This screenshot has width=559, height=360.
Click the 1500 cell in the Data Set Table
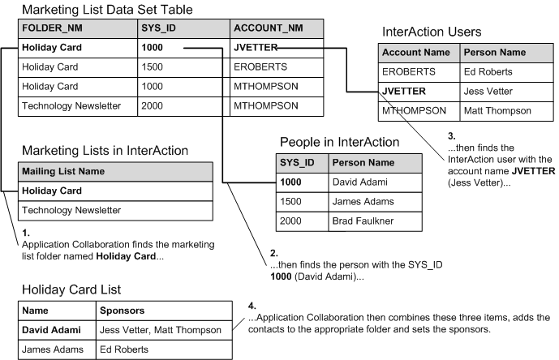(153, 67)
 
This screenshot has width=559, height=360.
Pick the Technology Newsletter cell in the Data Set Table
(71, 105)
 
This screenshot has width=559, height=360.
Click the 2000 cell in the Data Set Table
(153, 105)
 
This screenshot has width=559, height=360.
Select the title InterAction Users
(432, 32)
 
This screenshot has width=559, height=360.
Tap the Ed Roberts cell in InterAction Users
(488, 71)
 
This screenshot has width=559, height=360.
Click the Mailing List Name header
(62, 171)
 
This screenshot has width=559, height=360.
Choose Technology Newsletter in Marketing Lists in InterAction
(71, 210)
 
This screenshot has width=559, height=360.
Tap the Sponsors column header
(122, 310)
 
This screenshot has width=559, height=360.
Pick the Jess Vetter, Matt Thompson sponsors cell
(159, 329)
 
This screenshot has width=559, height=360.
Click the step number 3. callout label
(452, 135)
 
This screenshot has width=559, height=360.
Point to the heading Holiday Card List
(71, 289)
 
